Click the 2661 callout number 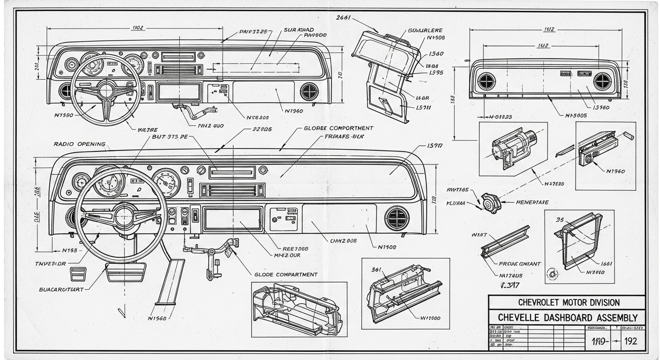[x=344, y=17]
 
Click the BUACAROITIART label [x=61, y=289]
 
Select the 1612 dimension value [x=549, y=30]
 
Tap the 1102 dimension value [x=138, y=28]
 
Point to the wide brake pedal [x=125, y=272]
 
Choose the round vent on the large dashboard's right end [x=397, y=218]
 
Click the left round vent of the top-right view [x=486, y=82]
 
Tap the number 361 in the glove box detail [x=376, y=270]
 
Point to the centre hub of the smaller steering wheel [x=107, y=89]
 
